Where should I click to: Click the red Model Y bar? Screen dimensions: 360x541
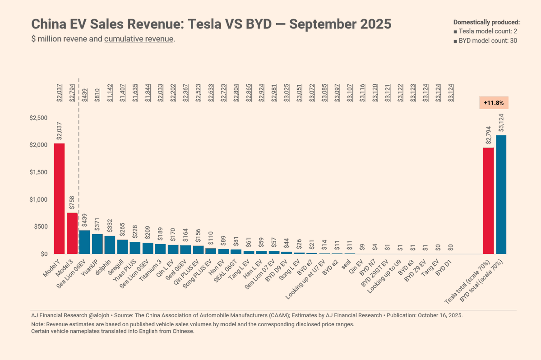[x=59, y=198]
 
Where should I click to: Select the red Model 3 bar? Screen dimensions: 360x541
[x=72, y=233]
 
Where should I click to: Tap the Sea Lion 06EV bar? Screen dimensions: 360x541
[x=84, y=242]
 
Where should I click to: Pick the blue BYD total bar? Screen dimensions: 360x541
[x=501, y=194]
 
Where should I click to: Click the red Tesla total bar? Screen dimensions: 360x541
[x=488, y=201]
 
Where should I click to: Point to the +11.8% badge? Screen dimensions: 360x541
[x=494, y=103]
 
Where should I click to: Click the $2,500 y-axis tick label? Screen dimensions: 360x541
[x=38, y=118]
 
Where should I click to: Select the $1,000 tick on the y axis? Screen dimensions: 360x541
[x=38, y=199]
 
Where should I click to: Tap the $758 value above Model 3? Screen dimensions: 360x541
[x=72, y=203]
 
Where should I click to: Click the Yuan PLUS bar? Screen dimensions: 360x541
[x=135, y=248]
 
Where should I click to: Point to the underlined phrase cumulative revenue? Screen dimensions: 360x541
[x=139, y=39]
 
